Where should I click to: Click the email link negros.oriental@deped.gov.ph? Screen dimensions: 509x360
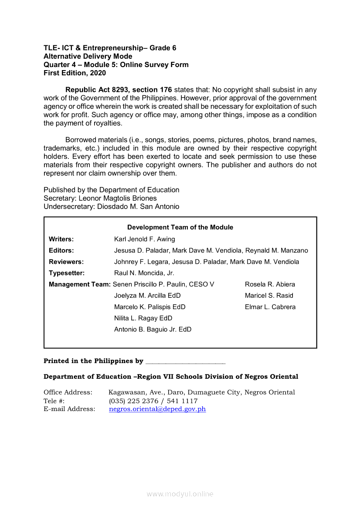157,409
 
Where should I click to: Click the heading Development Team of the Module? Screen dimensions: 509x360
180,227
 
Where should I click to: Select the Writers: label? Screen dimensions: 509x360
61,239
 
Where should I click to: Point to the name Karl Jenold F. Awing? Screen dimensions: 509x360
144,239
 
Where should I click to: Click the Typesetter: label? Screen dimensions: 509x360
67,273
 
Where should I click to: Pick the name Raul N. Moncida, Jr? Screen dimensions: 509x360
144,273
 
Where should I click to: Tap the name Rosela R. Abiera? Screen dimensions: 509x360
270,284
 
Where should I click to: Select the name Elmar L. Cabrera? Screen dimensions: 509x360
270,307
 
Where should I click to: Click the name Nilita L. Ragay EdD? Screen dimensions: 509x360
143,318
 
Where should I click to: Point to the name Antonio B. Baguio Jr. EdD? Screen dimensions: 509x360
153,330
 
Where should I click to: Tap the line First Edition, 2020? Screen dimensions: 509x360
75,73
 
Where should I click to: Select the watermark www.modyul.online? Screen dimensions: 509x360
180,494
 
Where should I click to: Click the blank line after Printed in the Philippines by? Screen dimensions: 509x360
185,361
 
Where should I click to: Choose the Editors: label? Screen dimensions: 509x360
61,250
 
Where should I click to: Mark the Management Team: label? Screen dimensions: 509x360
80,284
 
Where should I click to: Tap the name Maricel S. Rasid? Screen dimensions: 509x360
269,296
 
